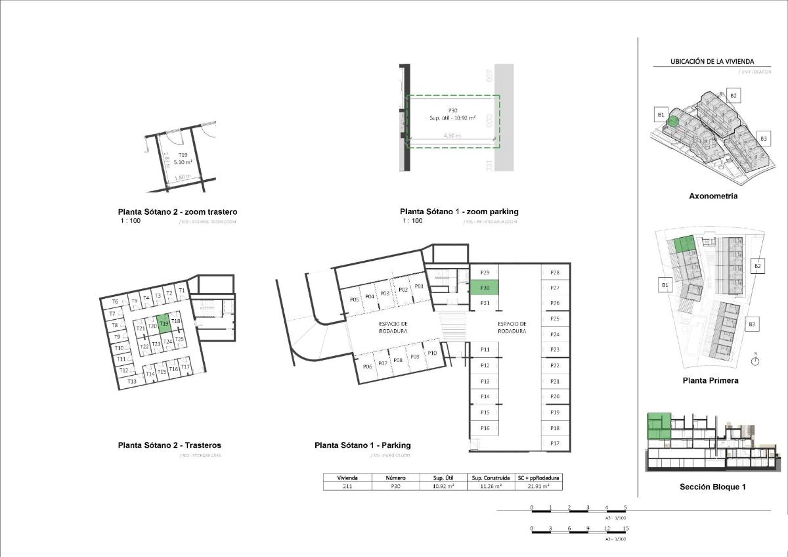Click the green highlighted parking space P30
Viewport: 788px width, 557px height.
(x=485, y=287)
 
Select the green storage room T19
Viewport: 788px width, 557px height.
(x=164, y=323)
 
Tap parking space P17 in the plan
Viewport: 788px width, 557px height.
(x=555, y=443)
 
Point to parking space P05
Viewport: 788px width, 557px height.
(x=354, y=298)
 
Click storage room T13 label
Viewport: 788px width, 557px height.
(x=131, y=382)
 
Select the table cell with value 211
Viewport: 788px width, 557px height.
(x=347, y=486)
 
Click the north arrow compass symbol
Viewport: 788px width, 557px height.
(x=755, y=359)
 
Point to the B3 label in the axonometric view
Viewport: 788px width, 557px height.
(x=763, y=139)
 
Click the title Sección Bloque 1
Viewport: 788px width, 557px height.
(x=712, y=487)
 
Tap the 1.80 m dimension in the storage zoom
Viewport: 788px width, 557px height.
(x=183, y=177)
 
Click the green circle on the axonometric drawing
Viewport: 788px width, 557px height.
(x=672, y=120)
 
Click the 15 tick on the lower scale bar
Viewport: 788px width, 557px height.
(x=626, y=528)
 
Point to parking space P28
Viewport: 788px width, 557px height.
(x=555, y=272)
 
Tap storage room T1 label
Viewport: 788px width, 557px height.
(x=182, y=290)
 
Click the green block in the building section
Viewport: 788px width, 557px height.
(x=659, y=426)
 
